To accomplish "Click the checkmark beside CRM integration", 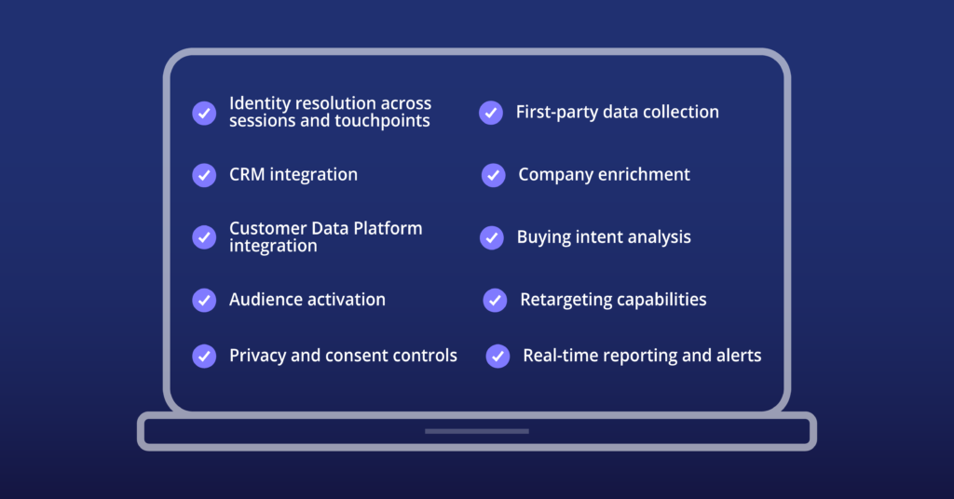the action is [x=204, y=175].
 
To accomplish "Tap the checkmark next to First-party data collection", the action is [x=491, y=113].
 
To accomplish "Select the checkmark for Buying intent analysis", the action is [x=492, y=237].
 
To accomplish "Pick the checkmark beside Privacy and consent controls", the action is [x=204, y=357].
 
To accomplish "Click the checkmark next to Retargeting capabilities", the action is [x=496, y=301].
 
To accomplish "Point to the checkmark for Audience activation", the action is [x=204, y=301].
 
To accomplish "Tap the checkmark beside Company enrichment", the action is [x=494, y=175].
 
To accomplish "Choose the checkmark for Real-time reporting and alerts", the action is [x=497, y=357].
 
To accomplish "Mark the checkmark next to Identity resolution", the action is [x=204, y=113].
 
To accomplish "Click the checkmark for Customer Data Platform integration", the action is [x=204, y=237].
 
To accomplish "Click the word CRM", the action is [x=247, y=174].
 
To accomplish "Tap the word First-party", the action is [x=549, y=113].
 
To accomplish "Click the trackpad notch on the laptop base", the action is [x=477, y=432].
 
